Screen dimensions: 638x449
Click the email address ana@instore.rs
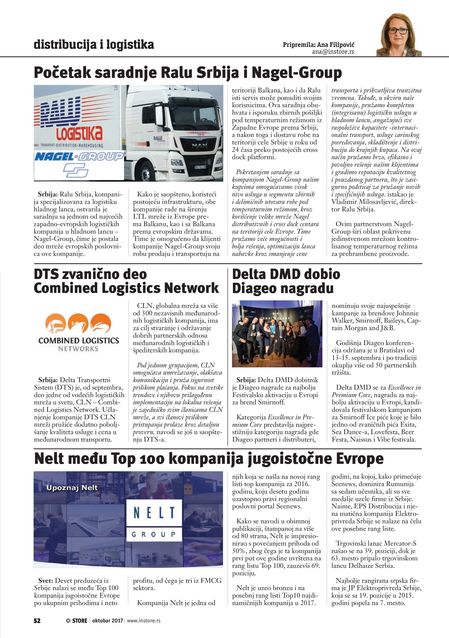click(x=333, y=52)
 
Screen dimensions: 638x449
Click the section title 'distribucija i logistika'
click(x=94, y=45)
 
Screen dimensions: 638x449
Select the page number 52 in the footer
click(x=37, y=620)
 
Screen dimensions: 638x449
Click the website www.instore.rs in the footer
click(x=144, y=620)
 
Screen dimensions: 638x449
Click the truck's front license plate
click(x=200, y=167)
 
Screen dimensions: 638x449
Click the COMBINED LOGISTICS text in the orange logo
click(x=79, y=341)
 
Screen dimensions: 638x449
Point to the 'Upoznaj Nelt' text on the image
click(x=72, y=488)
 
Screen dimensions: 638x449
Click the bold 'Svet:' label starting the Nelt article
click(x=46, y=581)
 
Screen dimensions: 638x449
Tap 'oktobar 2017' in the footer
click(x=107, y=620)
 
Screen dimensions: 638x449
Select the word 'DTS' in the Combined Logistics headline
click(x=46, y=274)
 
